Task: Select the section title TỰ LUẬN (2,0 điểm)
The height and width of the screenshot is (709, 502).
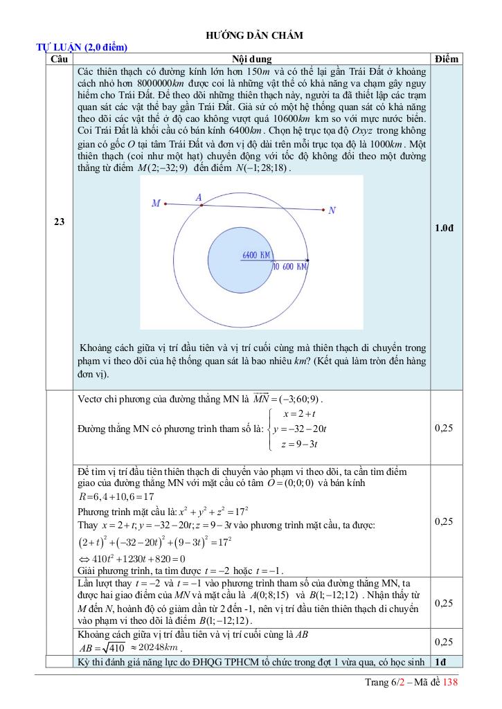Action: click(82, 48)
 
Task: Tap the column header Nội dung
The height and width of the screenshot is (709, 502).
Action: click(251, 60)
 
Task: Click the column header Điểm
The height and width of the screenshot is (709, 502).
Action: click(447, 60)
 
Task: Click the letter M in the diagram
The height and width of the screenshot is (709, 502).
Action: click(156, 204)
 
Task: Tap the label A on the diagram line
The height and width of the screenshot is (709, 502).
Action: click(199, 198)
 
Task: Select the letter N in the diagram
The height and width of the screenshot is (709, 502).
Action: click(332, 210)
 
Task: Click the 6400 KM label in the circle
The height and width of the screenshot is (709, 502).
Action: click(256, 255)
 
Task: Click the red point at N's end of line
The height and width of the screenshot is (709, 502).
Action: click(323, 209)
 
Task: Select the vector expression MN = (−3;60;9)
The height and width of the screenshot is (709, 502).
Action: click(289, 400)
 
